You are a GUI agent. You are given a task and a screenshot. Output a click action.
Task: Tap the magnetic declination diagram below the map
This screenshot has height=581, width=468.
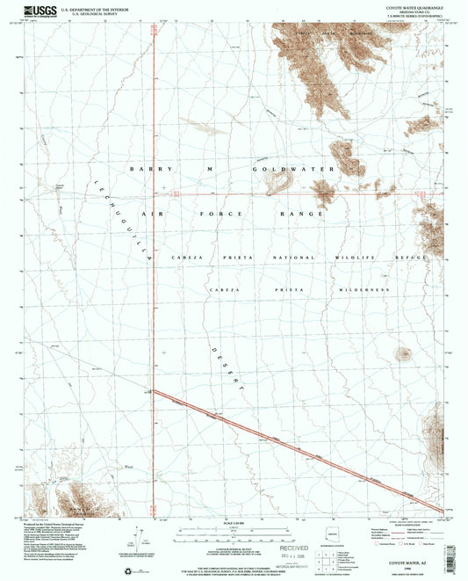point(140,538)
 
